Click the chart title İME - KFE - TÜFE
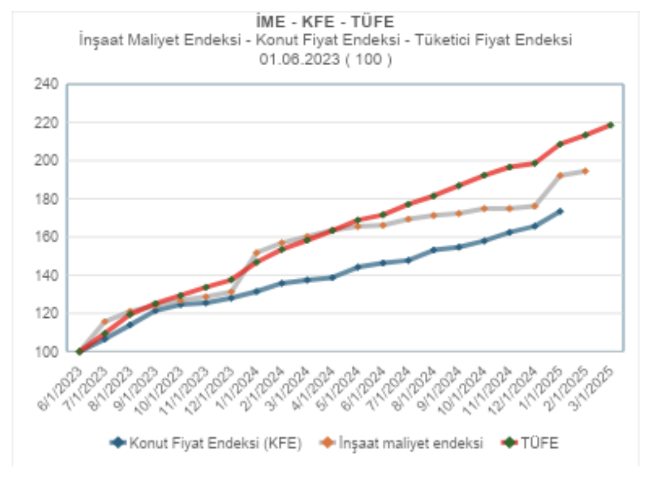(x=325, y=23)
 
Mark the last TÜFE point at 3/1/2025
(x=610, y=125)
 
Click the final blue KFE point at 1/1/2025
(x=560, y=211)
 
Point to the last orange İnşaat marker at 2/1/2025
(x=585, y=171)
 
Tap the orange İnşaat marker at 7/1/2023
(x=105, y=321)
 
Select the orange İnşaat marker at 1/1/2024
(x=256, y=253)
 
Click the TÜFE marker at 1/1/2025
(x=560, y=144)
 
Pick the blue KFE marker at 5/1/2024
(x=358, y=267)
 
